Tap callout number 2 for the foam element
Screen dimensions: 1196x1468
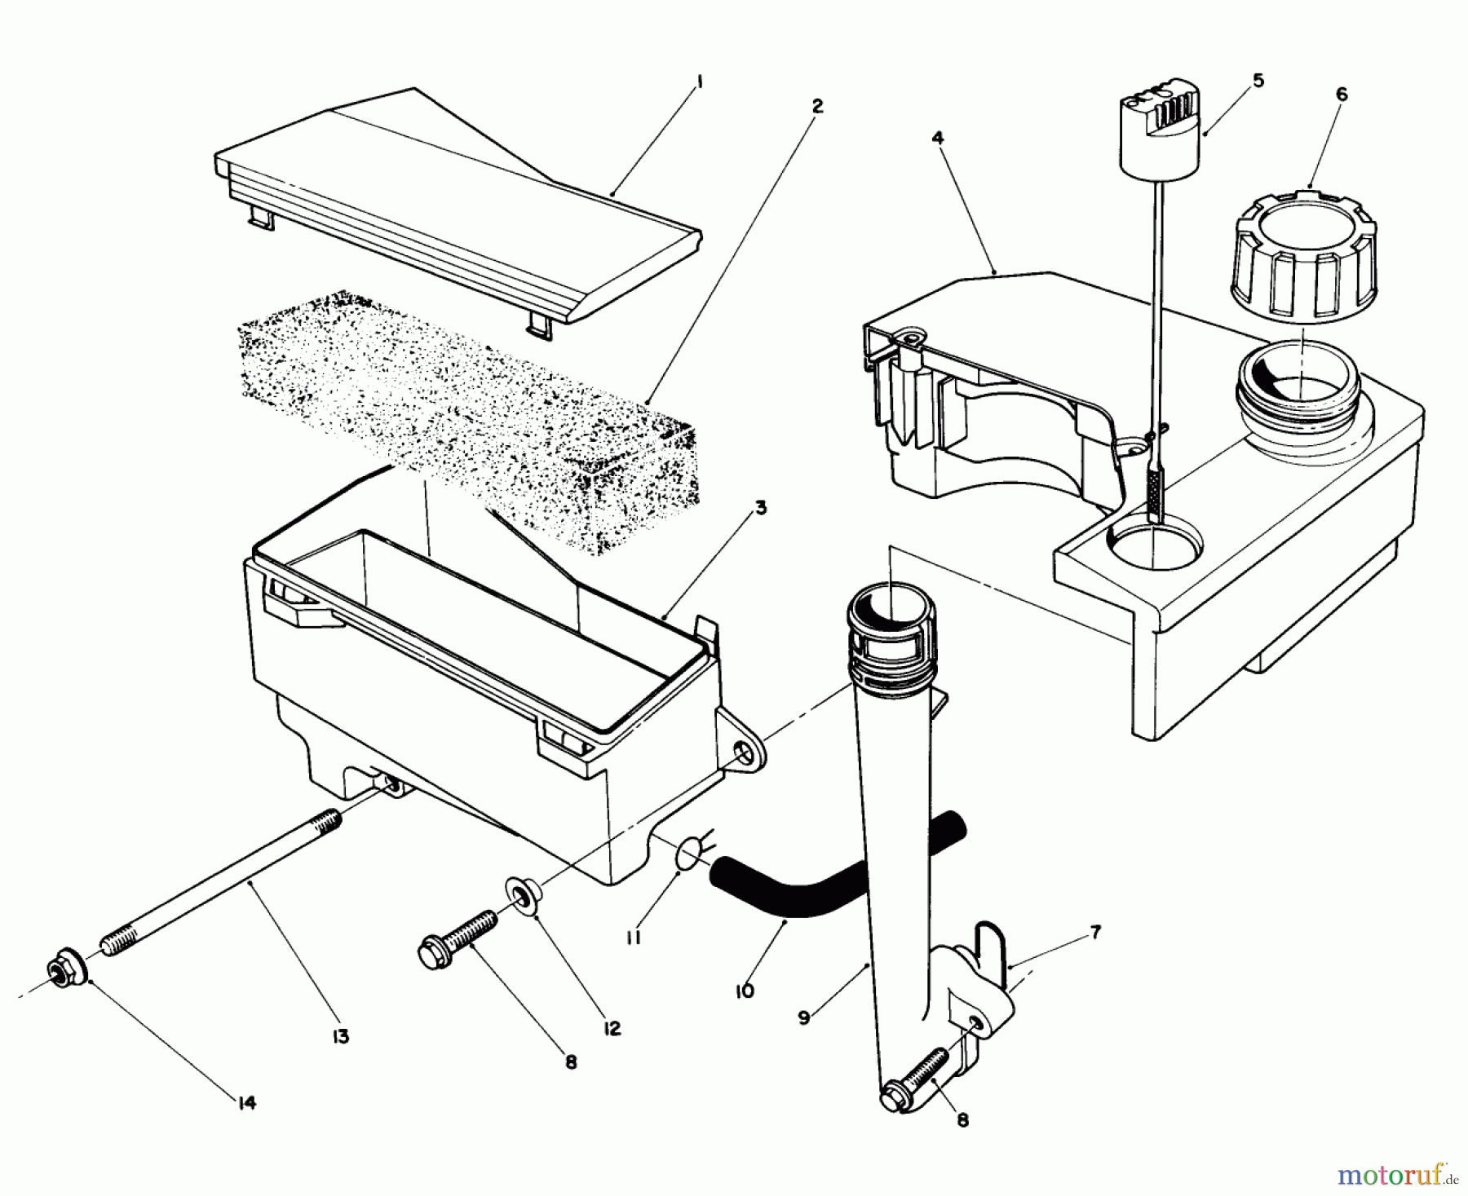point(817,106)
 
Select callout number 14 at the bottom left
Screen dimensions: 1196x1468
point(247,1103)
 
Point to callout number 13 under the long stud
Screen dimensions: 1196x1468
point(340,1037)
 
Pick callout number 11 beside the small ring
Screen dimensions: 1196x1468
point(633,938)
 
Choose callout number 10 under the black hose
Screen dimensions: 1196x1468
point(744,991)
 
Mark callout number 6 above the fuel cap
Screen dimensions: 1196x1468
point(1342,95)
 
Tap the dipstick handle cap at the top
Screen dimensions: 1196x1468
point(1161,135)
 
